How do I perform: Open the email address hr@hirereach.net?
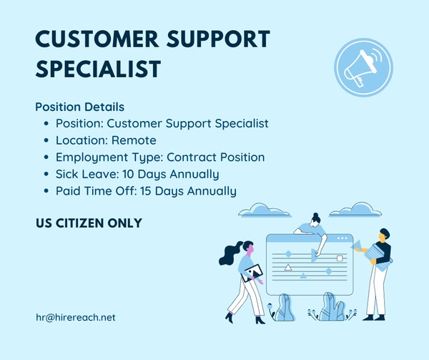(75, 317)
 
